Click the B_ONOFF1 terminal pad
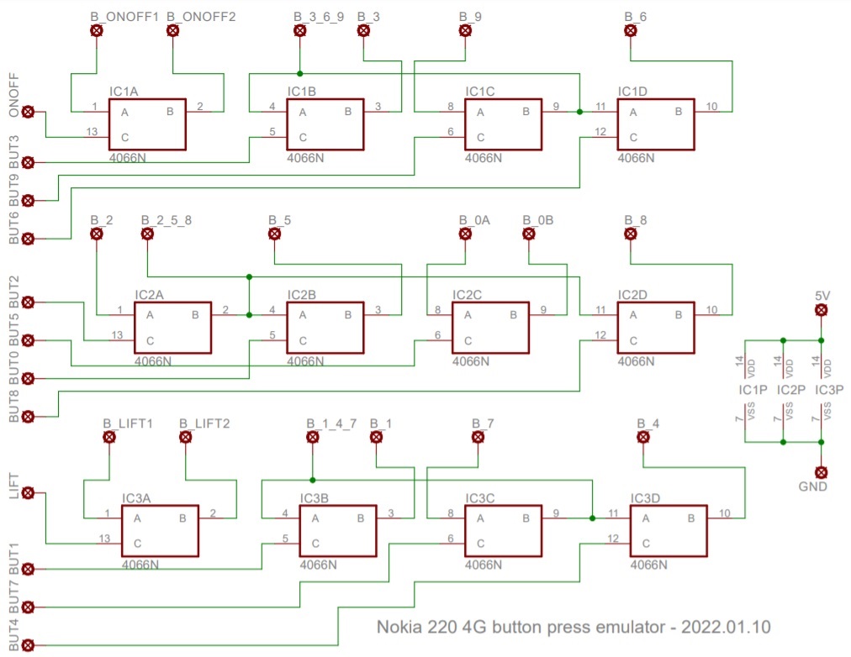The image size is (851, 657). [x=97, y=30]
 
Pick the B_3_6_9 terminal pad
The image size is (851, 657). [x=300, y=30]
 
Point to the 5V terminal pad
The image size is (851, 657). [x=822, y=310]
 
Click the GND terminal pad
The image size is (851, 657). [x=822, y=472]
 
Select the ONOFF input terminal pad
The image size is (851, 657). [x=28, y=112]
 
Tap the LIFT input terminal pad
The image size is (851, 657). [x=28, y=492]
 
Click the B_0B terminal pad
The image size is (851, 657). [x=529, y=234]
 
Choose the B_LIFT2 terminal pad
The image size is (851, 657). [x=186, y=437]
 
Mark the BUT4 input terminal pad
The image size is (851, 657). [x=28, y=645]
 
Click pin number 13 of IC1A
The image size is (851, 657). [x=92, y=132]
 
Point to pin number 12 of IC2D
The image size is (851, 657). [x=600, y=335]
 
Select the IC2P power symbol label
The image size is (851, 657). [x=790, y=390]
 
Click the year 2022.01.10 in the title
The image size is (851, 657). [x=726, y=628]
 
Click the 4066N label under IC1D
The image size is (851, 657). [x=636, y=158]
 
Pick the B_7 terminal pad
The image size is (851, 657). [x=478, y=437]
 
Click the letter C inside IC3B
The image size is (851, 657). [x=315, y=544]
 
